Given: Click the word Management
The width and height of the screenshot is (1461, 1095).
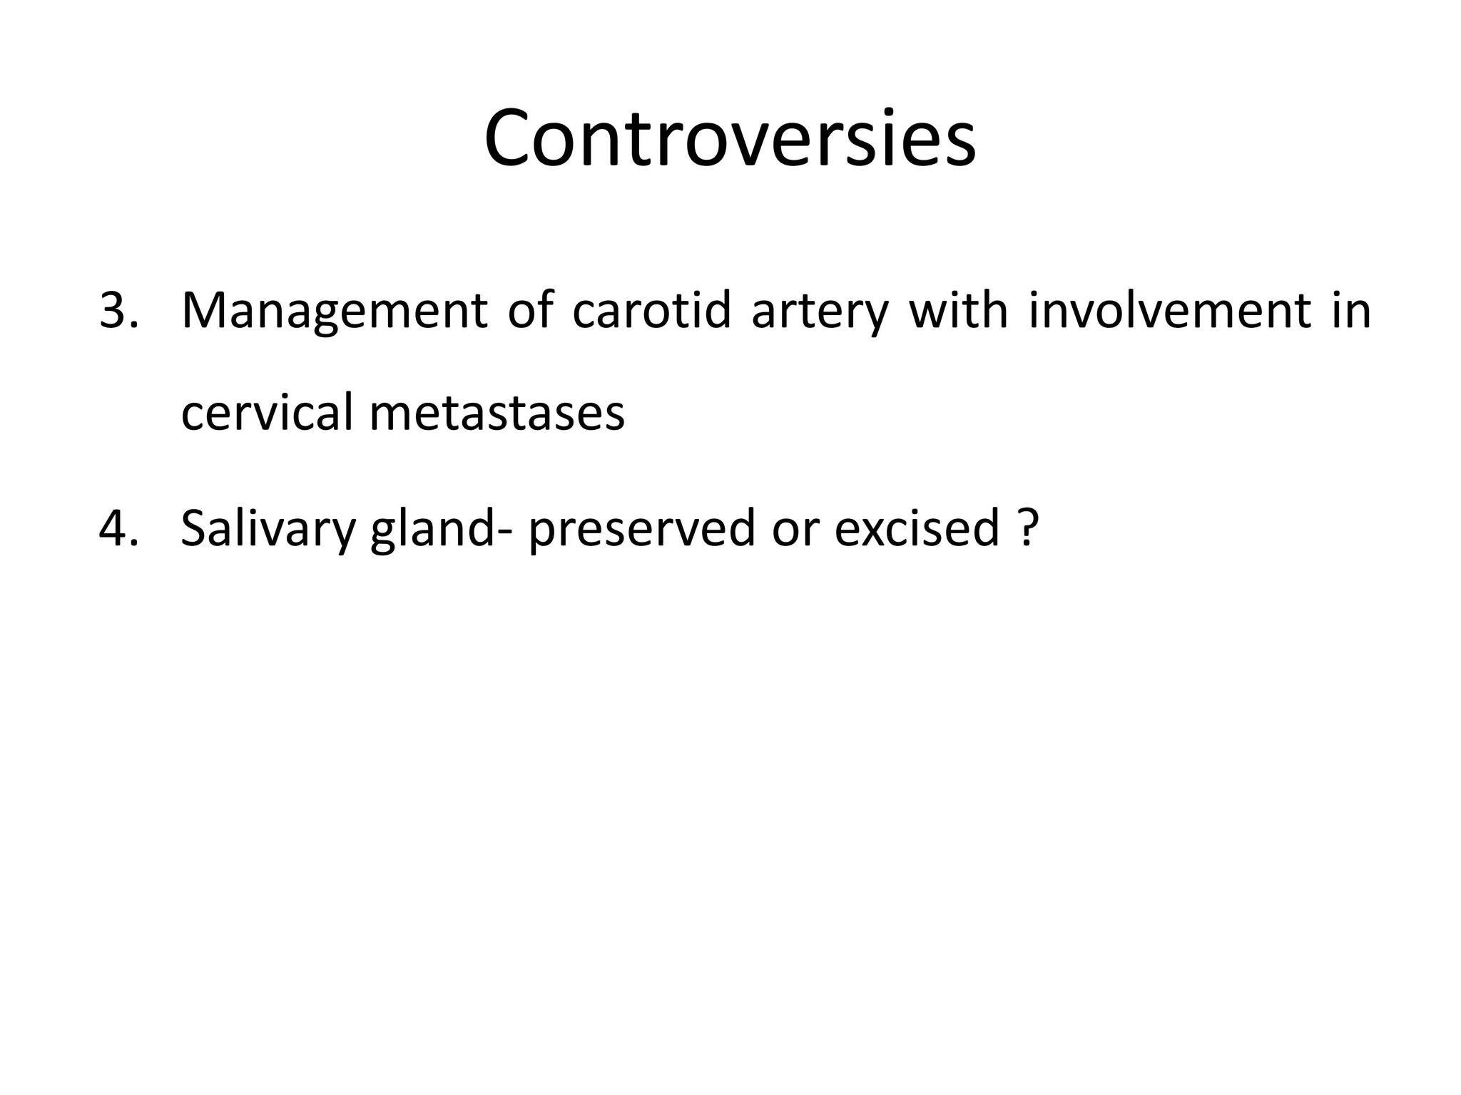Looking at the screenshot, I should pos(334,311).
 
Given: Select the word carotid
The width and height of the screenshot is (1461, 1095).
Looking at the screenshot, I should pos(651,311).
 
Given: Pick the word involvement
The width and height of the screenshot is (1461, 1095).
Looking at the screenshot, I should pos(1170,311).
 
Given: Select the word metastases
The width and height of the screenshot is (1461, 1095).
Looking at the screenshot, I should pos(497,413).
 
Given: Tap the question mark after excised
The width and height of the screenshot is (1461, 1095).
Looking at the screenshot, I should pos(1026,528).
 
